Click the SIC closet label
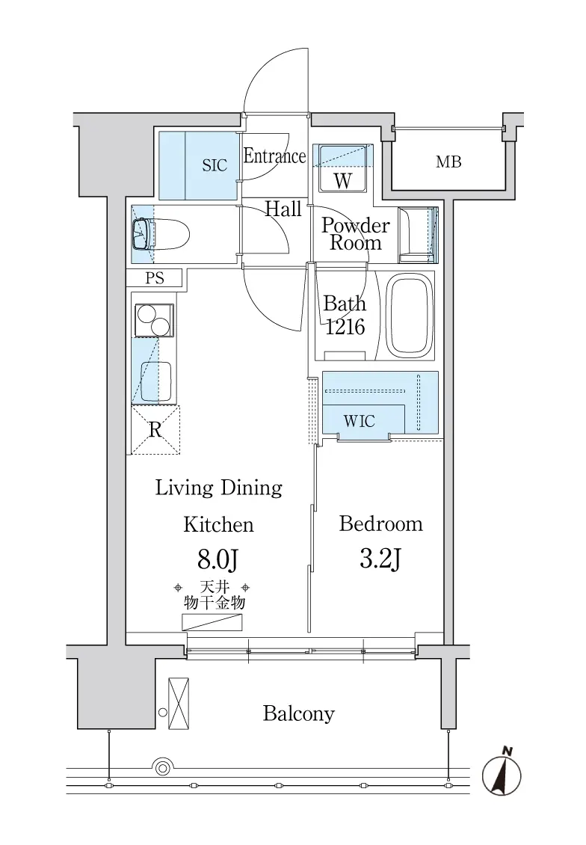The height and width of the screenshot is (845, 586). point(215,165)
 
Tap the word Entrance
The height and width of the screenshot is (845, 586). point(275,156)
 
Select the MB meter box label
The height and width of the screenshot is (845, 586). point(448,162)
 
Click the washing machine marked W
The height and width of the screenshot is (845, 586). point(343,168)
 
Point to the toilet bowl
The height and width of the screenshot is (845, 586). point(161,234)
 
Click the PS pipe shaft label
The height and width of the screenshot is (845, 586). point(155,278)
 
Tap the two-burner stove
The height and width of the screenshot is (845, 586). point(154,320)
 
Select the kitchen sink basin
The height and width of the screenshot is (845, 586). point(156,381)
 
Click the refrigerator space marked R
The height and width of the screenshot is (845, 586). point(155,430)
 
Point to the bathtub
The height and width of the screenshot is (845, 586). point(411,316)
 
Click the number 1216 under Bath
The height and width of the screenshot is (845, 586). point(345,327)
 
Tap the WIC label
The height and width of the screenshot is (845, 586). point(360,421)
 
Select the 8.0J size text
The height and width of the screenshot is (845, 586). point(218,560)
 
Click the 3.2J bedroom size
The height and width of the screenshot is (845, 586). point(380,559)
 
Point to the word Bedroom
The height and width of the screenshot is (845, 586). point(380,523)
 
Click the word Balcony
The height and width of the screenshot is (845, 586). point(299,713)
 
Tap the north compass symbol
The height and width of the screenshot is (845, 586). point(502,775)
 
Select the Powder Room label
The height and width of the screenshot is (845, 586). point(356,234)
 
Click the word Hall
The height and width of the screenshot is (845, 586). point(283,209)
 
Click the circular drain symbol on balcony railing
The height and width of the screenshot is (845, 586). point(162,767)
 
